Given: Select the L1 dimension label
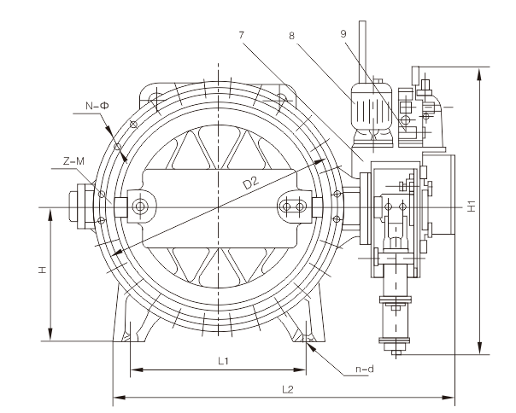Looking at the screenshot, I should click(x=222, y=361).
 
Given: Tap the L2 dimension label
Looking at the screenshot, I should click(x=288, y=389).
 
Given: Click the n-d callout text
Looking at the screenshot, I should click(x=365, y=369).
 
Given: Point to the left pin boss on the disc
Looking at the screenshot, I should click(x=139, y=207).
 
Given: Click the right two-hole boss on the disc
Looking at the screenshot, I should click(x=296, y=207).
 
